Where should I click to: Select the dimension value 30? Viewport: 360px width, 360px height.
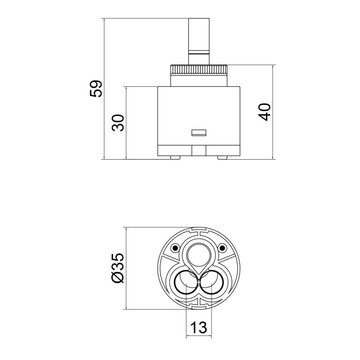point(118,122)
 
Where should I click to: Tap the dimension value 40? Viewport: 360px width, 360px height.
point(265,112)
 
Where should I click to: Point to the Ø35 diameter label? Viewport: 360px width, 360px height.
point(117,268)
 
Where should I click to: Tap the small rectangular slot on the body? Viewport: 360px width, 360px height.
point(198,133)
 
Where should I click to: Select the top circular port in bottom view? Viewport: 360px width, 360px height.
point(198,254)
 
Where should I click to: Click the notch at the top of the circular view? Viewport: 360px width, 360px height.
point(198,230)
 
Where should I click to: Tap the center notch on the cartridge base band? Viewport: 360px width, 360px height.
point(198,150)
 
